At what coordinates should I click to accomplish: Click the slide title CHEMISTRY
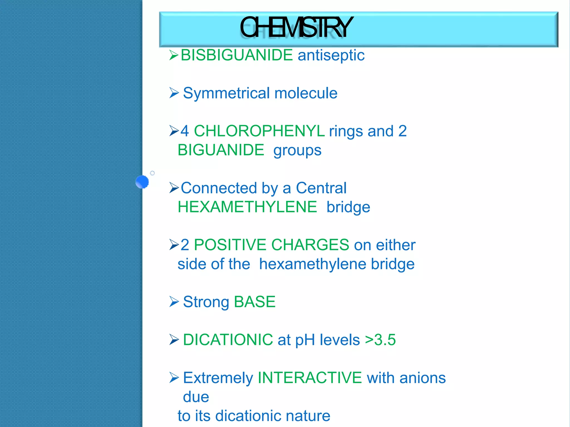click(x=296, y=28)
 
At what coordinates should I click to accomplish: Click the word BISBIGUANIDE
click(x=237, y=55)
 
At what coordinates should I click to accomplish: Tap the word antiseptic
click(x=331, y=55)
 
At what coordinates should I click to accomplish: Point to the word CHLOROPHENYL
click(x=259, y=131)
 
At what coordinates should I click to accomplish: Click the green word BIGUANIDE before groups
click(x=221, y=150)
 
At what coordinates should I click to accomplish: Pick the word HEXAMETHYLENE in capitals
click(x=247, y=207)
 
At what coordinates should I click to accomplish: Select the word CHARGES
click(x=310, y=245)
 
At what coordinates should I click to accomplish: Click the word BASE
click(x=255, y=302)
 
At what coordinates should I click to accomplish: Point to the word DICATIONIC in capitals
click(x=228, y=340)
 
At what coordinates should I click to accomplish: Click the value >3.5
click(x=380, y=340)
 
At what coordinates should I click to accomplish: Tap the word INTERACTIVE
click(x=309, y=378)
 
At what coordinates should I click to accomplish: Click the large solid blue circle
click(x=142, y=182)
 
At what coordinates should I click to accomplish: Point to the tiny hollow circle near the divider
click(x=152, y=173)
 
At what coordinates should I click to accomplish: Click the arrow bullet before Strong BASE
click(x=174, y=302)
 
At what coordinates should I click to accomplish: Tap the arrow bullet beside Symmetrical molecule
click(x=174, y=93)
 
